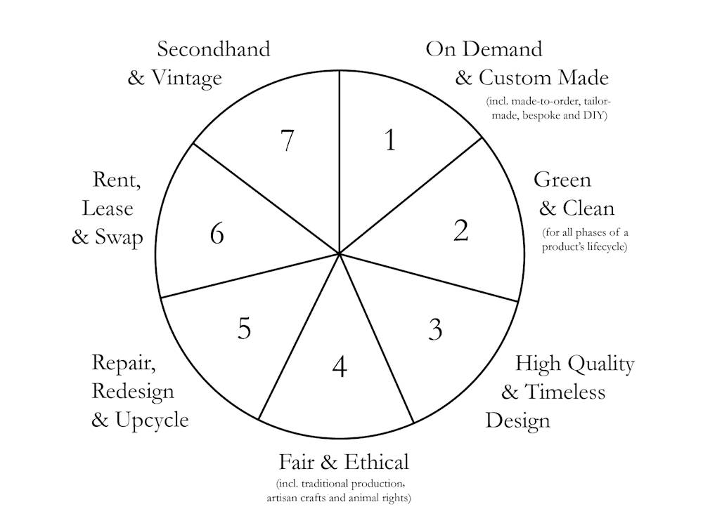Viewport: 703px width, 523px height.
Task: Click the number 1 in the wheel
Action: pos(390,140)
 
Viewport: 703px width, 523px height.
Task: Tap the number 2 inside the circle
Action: pos(460,230)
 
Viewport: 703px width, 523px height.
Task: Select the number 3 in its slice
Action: pos(435,329)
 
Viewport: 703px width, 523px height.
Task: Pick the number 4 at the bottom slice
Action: pos(340,366)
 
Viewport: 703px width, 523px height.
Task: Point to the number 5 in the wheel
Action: pos(243,328)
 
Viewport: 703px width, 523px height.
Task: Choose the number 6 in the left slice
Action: pos(217,234)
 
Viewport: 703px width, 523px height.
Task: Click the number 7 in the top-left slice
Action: pos(286,141)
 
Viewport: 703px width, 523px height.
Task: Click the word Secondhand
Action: pos(213,50)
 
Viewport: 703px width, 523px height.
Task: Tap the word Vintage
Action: pos(186,77)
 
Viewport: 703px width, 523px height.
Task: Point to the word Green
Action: pos(562,180)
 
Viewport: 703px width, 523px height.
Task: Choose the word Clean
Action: pos(588,208)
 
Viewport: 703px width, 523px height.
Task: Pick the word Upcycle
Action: pos(153,420)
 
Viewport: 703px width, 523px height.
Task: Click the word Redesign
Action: pos(133,391)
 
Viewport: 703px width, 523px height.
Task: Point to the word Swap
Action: pos(119,237)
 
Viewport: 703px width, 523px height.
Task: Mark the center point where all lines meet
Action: pos(340,254)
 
